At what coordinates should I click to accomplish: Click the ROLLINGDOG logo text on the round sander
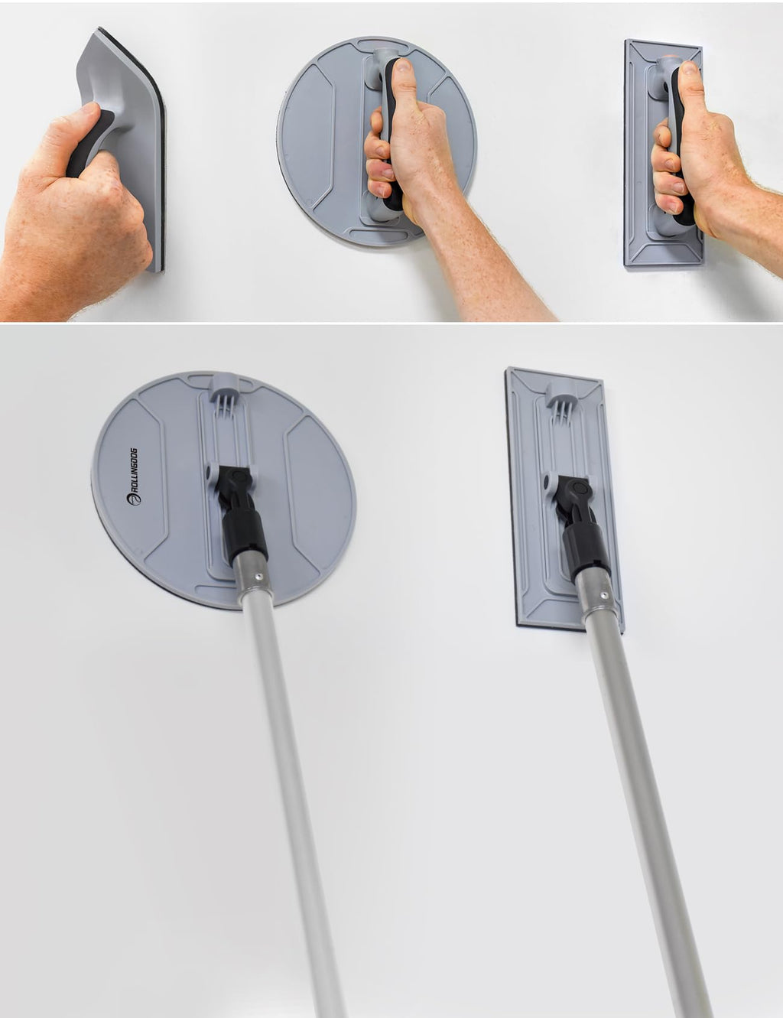[x=134, y=476]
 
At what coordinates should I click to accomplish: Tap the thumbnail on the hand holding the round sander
[x=402, y=67]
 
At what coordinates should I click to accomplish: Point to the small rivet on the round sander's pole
[x=257, y=575]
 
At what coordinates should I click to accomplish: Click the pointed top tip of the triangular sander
[x=99, y=29]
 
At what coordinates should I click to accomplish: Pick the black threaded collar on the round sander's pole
[x=243, y=532]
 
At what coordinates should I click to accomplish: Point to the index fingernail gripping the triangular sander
[x=88, y=109]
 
